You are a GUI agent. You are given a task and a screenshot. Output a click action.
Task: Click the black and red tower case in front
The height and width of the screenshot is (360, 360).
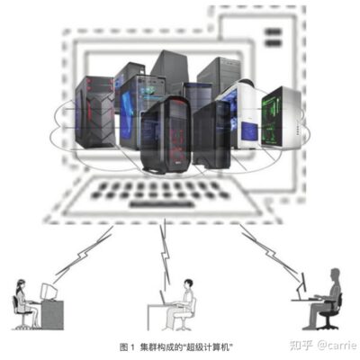(166, 135)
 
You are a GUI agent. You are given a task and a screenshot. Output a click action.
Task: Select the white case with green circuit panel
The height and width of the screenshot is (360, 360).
(281, 118)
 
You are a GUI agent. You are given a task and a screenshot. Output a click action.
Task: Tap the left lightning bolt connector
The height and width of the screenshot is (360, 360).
(84, 254)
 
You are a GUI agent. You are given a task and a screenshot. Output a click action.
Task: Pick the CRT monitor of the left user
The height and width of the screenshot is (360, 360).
(49, 292)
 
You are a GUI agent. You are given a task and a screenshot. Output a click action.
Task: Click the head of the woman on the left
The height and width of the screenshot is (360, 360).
(21, 284)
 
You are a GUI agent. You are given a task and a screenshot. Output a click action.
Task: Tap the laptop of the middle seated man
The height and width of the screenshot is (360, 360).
(165, 298)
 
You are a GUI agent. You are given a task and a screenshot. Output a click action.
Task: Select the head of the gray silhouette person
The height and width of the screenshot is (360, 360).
(335, 275)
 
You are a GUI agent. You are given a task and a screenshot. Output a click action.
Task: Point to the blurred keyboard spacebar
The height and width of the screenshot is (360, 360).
(161, 204)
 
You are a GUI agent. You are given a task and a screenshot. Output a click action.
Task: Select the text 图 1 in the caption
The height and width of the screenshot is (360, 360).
(128, 347)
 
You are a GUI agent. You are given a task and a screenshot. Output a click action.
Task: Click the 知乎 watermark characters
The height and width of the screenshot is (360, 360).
(301, 345)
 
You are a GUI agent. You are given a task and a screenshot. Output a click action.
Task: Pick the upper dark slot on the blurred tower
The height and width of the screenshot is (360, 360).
(273, 31)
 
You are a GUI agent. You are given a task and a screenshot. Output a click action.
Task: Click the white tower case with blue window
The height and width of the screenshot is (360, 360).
(240, 114)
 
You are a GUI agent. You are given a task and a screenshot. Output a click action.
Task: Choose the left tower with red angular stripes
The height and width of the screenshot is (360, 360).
(95, 112)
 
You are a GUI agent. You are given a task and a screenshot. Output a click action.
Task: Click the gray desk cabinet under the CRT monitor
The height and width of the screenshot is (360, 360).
(52, 315)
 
